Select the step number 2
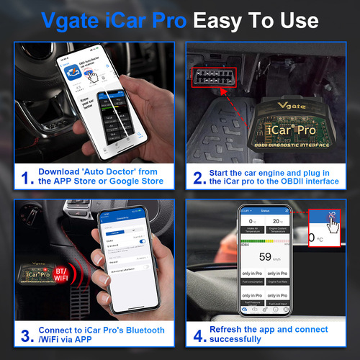pyautogui.click(x=197, y=176)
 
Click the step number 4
pyautogui.click(x=197, y=336)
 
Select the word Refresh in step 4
pyautogui.click(x=232, y=330)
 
